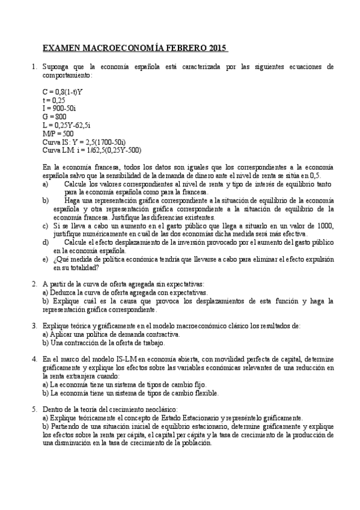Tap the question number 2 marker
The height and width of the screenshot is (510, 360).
[34, 282]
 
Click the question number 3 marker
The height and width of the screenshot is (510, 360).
[34, 325]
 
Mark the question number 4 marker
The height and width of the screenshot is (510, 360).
[34, 358]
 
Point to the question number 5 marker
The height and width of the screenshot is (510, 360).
[34, 408]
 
